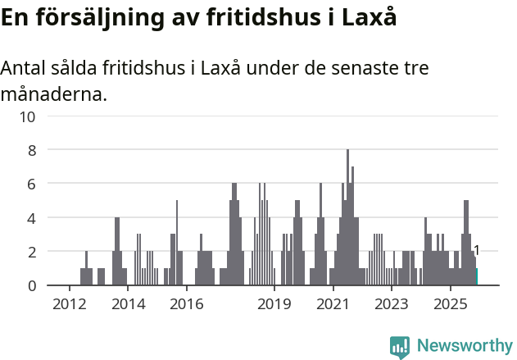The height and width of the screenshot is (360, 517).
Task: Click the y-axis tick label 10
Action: click(28, 116)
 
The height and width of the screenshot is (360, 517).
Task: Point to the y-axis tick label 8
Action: click(32, 150)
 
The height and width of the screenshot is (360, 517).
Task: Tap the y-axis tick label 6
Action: click(32, 185)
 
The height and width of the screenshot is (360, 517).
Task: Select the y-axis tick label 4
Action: click(32, 218)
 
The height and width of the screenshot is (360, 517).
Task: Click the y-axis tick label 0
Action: click(32, 285)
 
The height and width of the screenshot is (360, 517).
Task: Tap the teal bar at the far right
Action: click(476, 277)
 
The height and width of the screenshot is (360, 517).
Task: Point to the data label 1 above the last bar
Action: click(476, 251)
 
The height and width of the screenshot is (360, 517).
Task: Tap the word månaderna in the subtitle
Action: click(54, 94)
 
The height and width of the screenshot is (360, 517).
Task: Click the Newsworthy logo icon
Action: click(400, 346)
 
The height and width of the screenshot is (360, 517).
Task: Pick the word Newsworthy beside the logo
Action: click(464, 346)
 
